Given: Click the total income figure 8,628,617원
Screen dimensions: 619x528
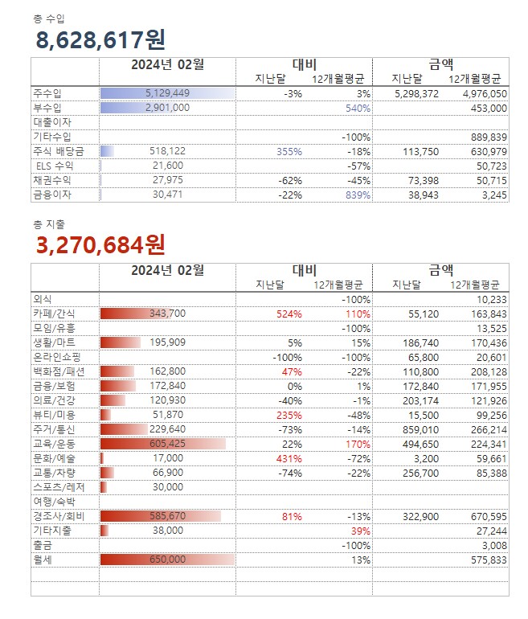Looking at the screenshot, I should [x=100, y=39].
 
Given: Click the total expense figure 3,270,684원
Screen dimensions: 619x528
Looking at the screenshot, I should [x=100, y=243].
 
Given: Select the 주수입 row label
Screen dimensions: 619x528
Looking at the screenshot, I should [x=47, y=93].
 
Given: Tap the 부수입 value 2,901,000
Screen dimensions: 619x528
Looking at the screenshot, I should [x=167, y=108].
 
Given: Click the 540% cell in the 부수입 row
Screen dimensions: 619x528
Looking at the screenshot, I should [x=358, y=108].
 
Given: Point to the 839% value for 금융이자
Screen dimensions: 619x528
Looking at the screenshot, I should [x=358, y=195].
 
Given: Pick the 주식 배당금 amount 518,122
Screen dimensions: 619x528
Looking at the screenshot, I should [x=167, y=151].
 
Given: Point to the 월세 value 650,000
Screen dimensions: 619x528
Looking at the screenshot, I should [x=167, y=560].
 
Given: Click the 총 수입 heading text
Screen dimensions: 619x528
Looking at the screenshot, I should [x=49, y=18].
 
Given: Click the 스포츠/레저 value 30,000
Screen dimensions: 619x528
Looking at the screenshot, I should [x=167, y=487].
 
